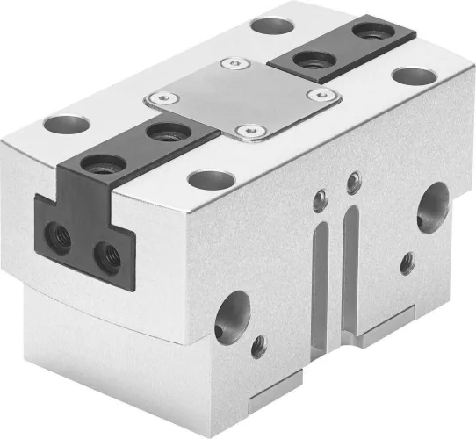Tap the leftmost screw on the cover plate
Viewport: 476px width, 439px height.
160,99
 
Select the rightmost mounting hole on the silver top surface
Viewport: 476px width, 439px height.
407,76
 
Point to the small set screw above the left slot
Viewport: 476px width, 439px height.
322,198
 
